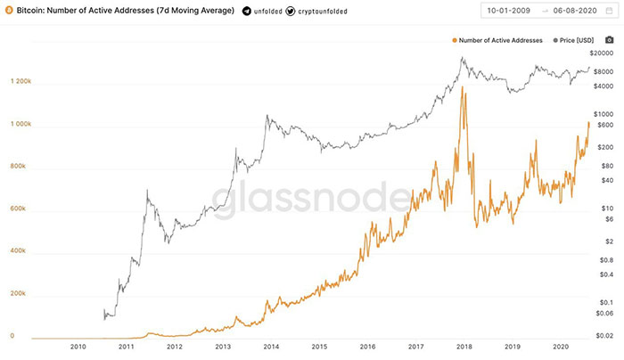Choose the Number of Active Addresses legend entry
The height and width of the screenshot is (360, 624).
click(x=499, y=40)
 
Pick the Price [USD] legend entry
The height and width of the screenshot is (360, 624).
click(x=576, y=40)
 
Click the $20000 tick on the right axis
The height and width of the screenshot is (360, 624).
click(x=604, y=54)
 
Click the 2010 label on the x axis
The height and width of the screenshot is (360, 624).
click(x=78, y=348)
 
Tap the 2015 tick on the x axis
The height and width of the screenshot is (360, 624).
click(x=319, y=348)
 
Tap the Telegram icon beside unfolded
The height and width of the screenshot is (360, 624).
click(x=247, y=12)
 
